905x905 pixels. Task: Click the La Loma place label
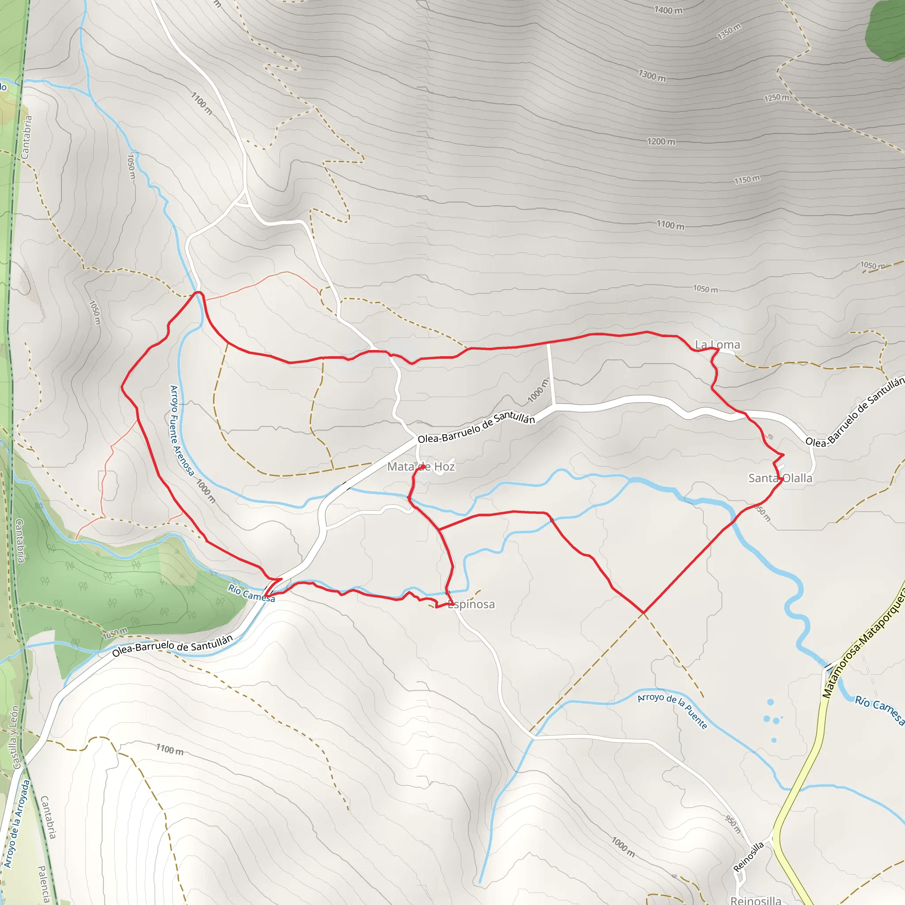click(x=717, y=345)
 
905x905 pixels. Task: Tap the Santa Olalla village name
click(x=780, y=478)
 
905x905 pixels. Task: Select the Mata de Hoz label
click(x=421, y=467)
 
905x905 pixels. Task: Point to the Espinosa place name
click(x=471, y=604)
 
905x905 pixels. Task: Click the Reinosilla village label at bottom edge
click(x=756, y=900)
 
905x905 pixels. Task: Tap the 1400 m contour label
click(x=669, y=10)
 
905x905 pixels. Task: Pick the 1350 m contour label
click(x=729, y=31)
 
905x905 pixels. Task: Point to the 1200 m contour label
click(x=661, y=141)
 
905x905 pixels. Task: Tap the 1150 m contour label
click(x=747, y=179)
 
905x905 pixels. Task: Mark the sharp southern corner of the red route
click(x=643, y=612)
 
